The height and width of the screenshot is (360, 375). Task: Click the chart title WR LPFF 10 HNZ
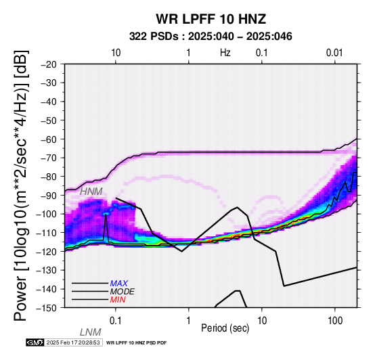pyautogui.click(x=211, y=19)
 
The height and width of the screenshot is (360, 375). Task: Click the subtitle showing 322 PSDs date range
pyautogui.click(x=211, y=37)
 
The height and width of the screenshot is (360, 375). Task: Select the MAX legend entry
pyautogui.click(x=118, y=284)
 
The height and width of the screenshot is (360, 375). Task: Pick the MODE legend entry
pyautogui.click(x=123, y=292)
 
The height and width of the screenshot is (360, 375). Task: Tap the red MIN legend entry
pyautogui.click(x=118, y=300)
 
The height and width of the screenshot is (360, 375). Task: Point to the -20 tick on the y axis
pyautogui.click(x=49, y=64)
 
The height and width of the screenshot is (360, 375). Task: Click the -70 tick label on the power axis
pyautogui.click(x=49, y=158)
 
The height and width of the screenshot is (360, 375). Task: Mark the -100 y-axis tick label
pyautogui.click(x=47, y=214)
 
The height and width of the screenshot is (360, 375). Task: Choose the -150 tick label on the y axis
pyautogui.click(x=47, y=308)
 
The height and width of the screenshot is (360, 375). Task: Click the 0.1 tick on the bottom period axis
pyautogui.click(x=116, y=321)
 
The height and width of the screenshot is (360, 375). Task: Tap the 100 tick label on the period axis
pyautogui.click(x=335, y=321)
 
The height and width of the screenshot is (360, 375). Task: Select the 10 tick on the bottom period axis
pyautogui.click(x=262, y=321)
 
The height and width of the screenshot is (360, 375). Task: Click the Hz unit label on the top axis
pyautogui.click(x=225, y=53)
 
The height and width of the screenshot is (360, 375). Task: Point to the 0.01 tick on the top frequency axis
pyautogui.click(x=334, y=53)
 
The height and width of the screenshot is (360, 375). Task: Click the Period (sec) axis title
pyautogui.click(x=225, y=328)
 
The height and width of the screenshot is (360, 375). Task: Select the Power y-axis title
pyautogui.click(x=20, y=185)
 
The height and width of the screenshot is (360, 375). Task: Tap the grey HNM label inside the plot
pyautogui.click(x=91, y=192)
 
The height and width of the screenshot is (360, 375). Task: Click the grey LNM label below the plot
pyautogui.click(x=91, y=332)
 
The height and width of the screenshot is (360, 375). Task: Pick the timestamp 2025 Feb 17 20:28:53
pyautogui.click(x=73, y=343)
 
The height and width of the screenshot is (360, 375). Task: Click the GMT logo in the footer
pyautogui.click(x=35, y=343)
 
